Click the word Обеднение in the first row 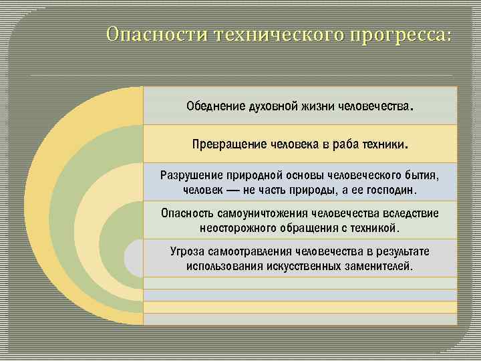[216, 106]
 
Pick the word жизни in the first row [319, 106]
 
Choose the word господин [389, 191]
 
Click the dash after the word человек [234, 191]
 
